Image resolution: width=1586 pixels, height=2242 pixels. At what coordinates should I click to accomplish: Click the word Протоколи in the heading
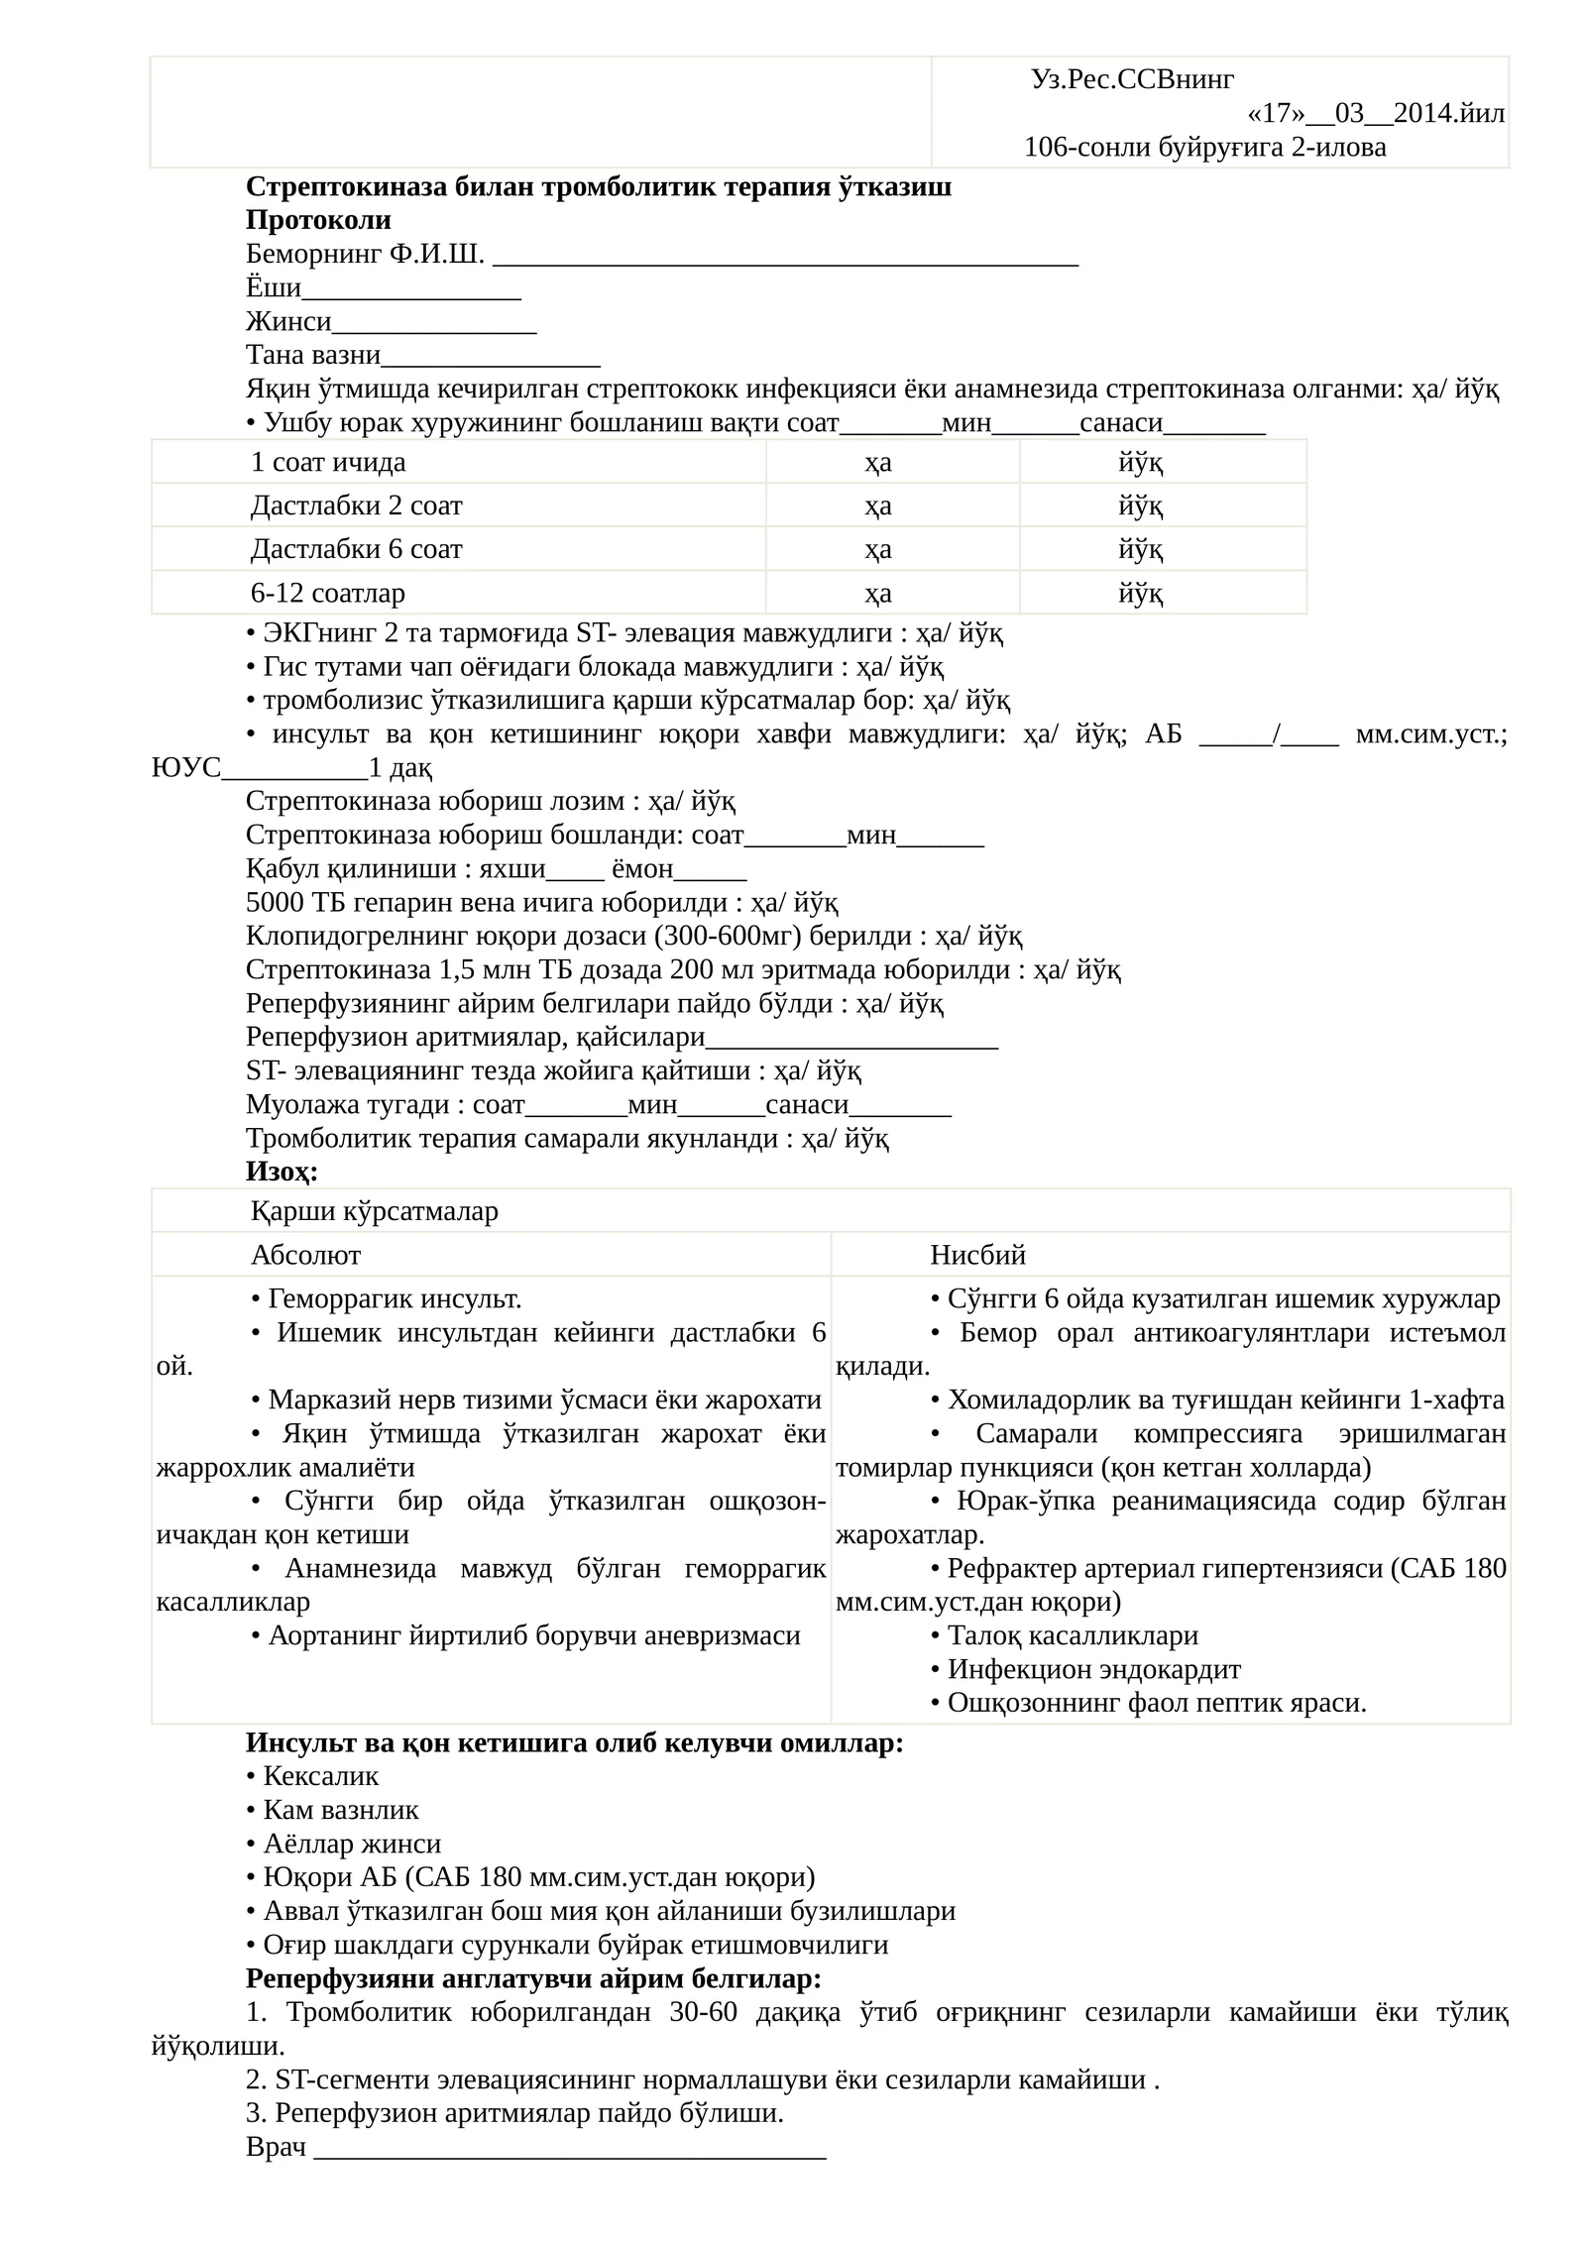coord(318,220)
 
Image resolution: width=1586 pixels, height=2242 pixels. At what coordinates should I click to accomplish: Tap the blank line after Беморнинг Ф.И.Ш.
coord(784,255)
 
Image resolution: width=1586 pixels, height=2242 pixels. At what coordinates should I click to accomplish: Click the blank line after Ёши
coord(411,288)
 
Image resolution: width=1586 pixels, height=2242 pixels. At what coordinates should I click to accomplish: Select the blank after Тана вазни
coord(491,356)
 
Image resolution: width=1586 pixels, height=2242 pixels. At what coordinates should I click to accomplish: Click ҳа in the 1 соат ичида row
coord(877,462)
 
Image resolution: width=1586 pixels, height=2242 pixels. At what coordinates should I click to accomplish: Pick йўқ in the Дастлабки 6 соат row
coord(1140,549)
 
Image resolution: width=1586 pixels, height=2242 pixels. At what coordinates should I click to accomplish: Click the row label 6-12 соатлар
coord(327,593)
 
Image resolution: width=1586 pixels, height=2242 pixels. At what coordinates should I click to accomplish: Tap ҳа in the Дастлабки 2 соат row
coord(877,505)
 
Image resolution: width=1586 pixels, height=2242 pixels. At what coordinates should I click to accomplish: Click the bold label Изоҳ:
coord(282,1172)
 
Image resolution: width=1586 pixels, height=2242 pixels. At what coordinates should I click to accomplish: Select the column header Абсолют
coord(305,1255)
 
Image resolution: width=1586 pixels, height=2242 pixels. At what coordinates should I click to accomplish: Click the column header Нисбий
coord(977,1255)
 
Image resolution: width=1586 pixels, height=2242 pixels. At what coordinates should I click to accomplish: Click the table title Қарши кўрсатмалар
coord(375,1211)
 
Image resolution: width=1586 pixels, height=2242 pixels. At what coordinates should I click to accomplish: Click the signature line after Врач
coord(570,2148)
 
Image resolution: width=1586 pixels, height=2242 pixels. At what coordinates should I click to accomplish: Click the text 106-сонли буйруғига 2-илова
coord(1204,148)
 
